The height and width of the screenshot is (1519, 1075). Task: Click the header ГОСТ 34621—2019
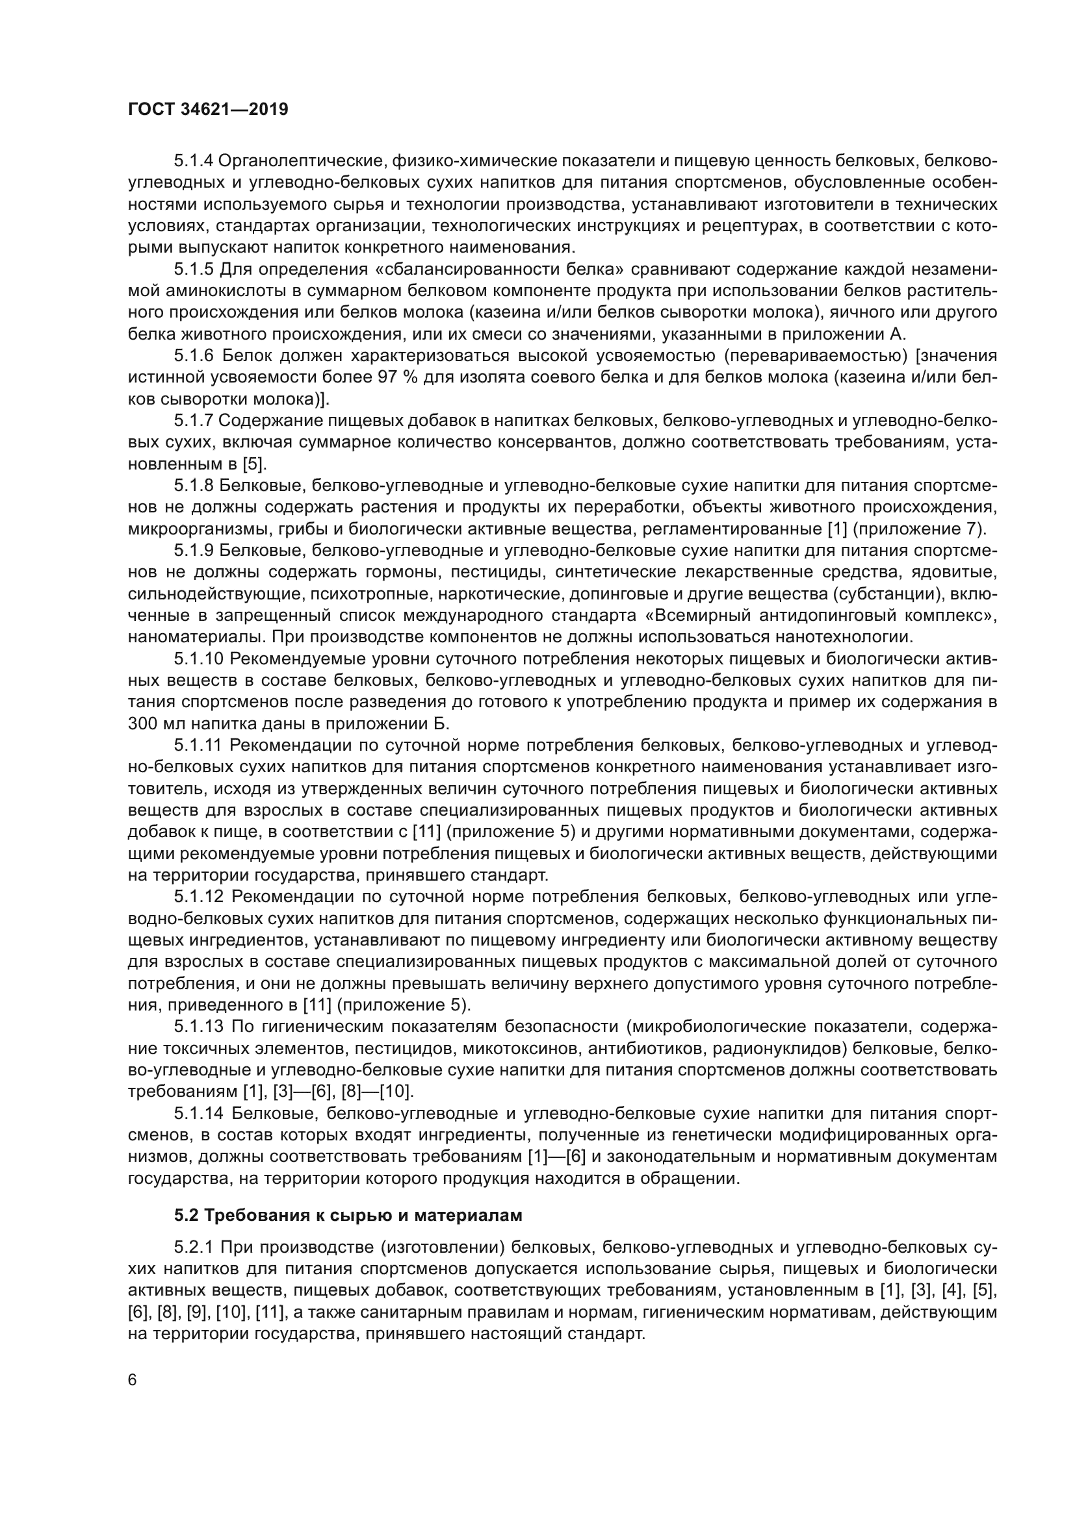tap(208, 110)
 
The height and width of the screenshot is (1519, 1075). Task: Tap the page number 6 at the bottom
tap(133, 1379)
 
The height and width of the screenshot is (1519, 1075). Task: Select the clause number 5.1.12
tap(198, 897)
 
